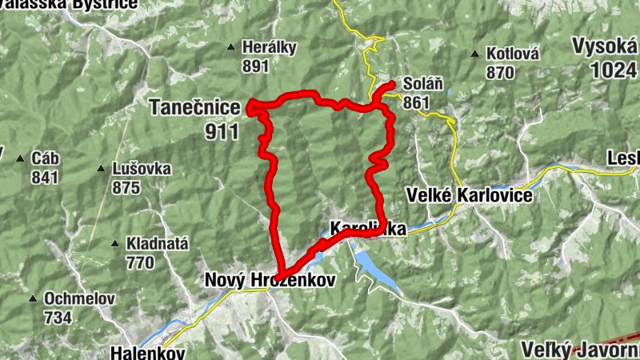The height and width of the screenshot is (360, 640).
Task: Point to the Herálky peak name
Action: (270, 48)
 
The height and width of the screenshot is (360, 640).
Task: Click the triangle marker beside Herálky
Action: (231, 47)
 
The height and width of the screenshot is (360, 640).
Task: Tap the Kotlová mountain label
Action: (511, 54)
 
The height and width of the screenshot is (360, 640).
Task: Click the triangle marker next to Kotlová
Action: (475, 54)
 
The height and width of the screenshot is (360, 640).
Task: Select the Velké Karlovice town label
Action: (468, 194)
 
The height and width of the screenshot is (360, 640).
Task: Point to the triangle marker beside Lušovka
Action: (101, 169)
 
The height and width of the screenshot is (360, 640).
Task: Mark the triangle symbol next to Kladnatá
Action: (117, 243)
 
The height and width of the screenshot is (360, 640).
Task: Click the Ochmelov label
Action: (79, 299)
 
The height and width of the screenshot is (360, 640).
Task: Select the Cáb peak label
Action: (45, 157)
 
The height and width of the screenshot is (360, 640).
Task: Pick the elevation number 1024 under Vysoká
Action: (614, 70)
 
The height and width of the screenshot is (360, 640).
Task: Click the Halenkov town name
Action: (148, 353)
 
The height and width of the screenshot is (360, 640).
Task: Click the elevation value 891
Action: (255, 67)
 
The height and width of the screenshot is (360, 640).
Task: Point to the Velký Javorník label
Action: (580, 350)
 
